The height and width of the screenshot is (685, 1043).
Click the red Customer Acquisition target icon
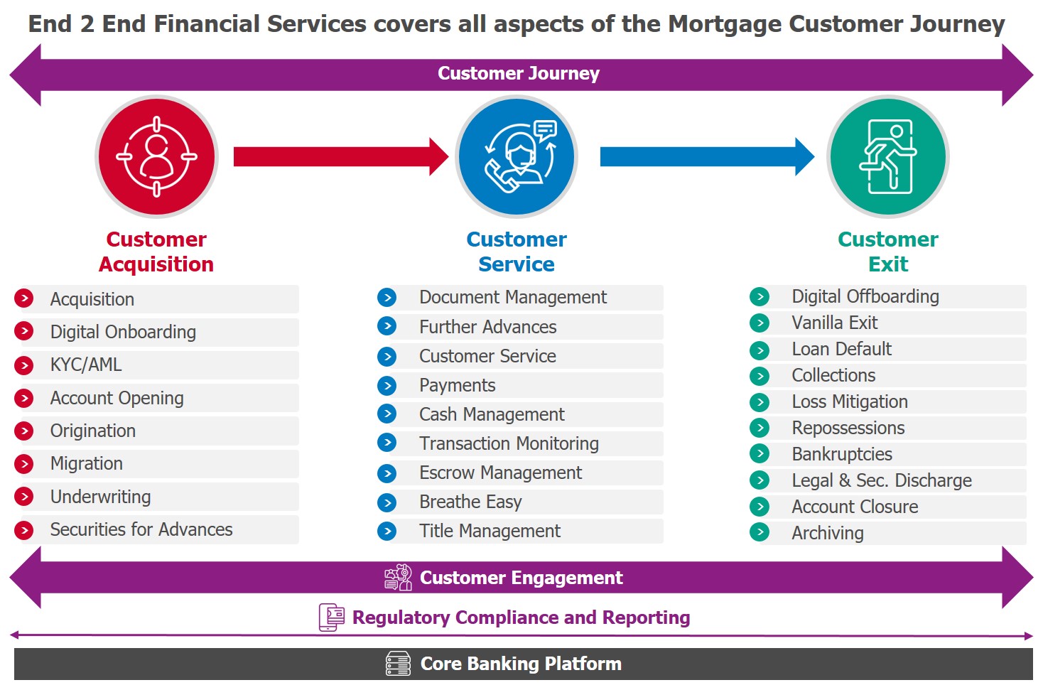156,156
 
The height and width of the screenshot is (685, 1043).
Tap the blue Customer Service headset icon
517,156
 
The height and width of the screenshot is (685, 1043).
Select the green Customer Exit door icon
888,156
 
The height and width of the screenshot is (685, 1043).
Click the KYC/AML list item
86,365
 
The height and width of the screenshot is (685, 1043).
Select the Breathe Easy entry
470,502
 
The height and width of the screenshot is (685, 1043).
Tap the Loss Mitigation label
850,401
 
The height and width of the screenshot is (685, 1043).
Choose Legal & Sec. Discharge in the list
882,480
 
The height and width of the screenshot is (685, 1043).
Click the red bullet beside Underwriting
24,497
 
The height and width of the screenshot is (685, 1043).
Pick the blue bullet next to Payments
387,385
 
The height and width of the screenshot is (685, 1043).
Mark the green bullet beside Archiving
760,532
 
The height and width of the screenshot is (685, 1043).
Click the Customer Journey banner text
519,74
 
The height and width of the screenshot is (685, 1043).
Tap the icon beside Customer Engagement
398,578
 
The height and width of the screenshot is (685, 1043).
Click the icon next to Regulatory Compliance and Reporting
331,617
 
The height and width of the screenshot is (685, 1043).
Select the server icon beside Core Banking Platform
398,664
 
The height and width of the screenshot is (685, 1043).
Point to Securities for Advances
141,529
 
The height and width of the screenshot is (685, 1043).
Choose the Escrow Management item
500,473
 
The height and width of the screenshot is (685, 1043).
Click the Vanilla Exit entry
835,323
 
